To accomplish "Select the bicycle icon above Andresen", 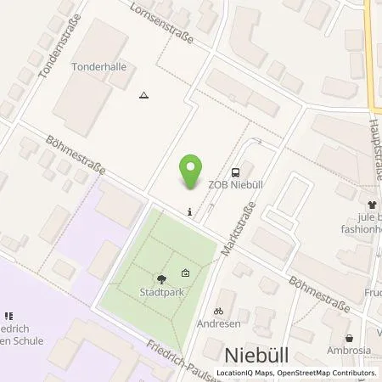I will coord(218,312).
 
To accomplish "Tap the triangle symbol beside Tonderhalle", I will coord(143,94).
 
